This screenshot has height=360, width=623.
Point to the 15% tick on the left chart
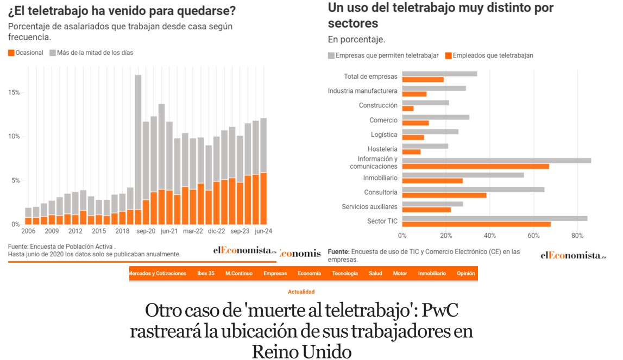(x=14, y=93)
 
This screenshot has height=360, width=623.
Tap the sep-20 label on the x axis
(x=146, y=231)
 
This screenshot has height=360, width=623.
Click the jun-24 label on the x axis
(x=263, y=231)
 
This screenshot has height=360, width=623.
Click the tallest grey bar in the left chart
(x=138, y=141)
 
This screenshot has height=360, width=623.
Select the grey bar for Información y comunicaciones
(x=496, y=161)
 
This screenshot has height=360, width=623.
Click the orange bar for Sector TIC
(x=476, y=224)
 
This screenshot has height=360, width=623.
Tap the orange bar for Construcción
(x=408, y=109)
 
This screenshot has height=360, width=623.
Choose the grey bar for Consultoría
(x=473, y=190)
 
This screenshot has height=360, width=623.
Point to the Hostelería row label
(x=382, y=149)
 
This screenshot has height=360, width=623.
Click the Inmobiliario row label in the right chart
(x=380, y=178)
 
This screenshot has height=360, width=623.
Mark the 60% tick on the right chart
(x=534, y=236)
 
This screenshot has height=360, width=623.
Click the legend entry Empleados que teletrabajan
(x=489, y=55)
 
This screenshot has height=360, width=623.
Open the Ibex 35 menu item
(x=206, y=274)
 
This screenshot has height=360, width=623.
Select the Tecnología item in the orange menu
(x=345, y=274)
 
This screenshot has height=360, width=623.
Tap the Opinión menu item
(x=466, y=274)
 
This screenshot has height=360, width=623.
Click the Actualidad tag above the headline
(x=301, y=292)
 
